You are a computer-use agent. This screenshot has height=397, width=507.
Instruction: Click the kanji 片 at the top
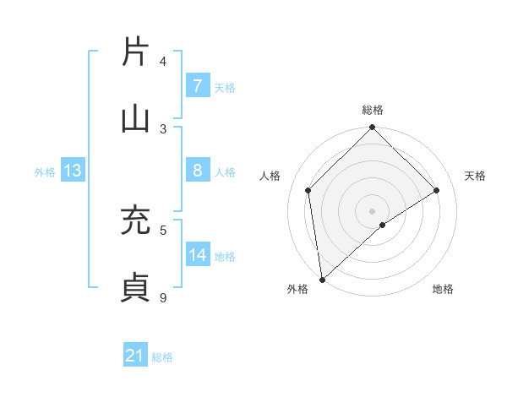click(136, 51)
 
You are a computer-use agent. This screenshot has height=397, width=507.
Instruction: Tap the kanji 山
click(136, 119)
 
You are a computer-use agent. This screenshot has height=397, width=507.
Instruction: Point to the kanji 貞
click(136, 287)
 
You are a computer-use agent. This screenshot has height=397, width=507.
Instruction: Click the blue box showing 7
click(197, 86)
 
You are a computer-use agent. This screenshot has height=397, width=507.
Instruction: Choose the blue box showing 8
click(197, 171)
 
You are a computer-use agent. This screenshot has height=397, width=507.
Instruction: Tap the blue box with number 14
click(198, 255)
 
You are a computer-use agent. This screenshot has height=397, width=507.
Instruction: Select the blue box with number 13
click(73, 171)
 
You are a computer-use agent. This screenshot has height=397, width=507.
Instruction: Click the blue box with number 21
click(135, 356)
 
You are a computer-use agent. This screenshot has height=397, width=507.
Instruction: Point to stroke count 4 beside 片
click(164, 62)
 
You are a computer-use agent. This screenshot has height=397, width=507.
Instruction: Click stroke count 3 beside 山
click(164, 129)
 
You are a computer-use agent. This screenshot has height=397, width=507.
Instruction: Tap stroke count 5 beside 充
click(164, 229)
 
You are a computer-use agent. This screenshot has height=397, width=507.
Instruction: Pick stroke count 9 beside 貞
click(164, 296)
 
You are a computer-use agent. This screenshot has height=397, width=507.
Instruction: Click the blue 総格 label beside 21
click(162, 357)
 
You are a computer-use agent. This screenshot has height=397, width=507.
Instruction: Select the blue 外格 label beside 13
click(45, 172)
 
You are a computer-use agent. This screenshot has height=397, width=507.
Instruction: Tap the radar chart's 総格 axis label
click(373, 110)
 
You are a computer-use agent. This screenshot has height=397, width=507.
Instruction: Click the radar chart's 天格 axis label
click(476, 176)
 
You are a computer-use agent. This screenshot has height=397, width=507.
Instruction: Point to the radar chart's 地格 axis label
click(443, 289)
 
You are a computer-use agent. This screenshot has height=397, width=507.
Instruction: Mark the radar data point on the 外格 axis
click(322, 279)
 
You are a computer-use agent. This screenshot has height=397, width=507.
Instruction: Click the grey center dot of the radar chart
click(373, 210)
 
